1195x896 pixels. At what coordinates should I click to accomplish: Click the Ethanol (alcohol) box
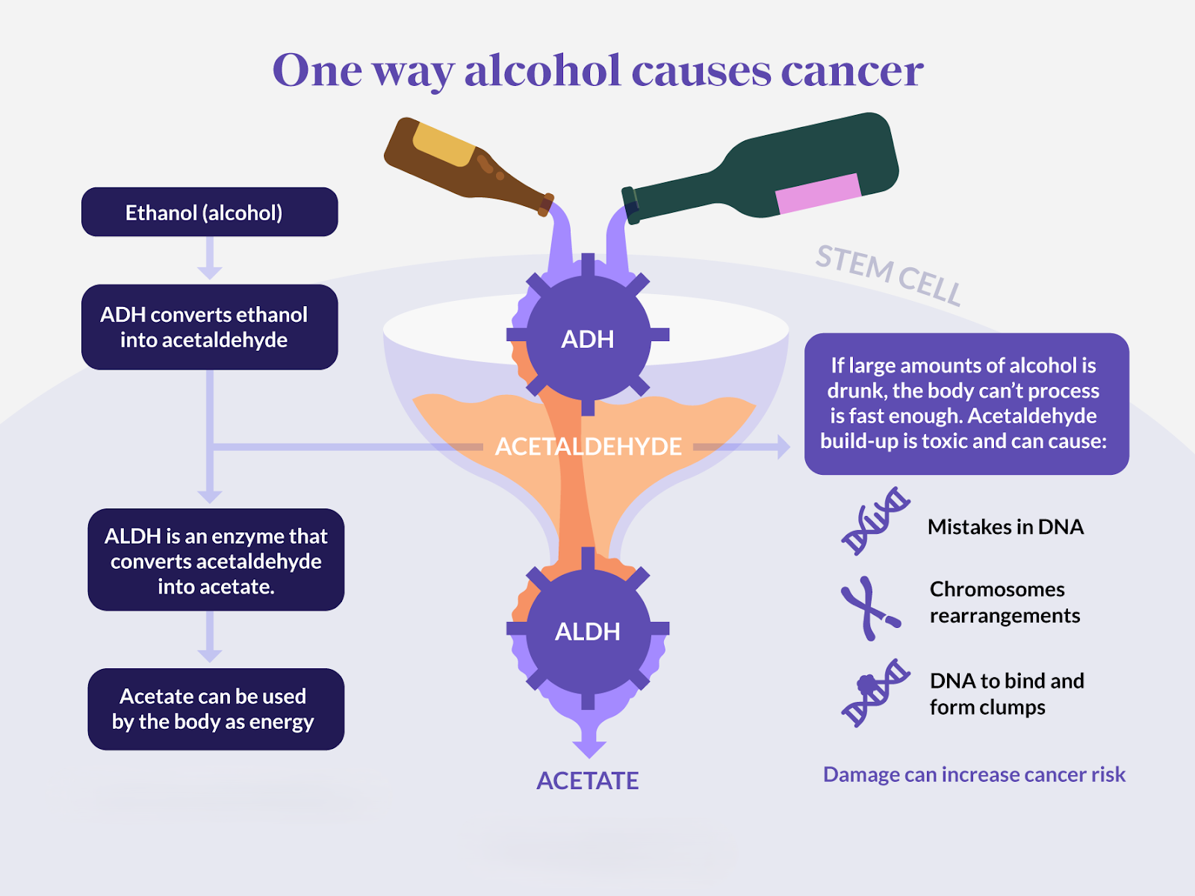pos(209,212)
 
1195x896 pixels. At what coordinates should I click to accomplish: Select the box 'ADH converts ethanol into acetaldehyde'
pos(209,327)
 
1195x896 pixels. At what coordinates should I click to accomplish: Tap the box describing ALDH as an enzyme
pos(216,560)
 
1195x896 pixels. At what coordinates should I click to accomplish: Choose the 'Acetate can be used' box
pos(216,709)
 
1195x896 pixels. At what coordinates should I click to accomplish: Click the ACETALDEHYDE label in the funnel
pos(588,447)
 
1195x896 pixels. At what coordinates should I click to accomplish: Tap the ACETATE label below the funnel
pos(588,781)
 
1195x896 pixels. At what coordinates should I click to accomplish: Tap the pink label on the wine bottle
pos(819,193)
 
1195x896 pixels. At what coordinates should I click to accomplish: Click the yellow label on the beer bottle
pos(444,145)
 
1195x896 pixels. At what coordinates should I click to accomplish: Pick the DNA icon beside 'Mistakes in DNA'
pos(875,521)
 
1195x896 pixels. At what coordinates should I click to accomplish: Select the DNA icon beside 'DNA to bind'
pos(875,693)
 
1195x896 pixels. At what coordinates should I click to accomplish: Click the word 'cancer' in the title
pos(852,72)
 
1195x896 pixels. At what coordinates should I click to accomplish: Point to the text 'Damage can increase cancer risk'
pos(974,775)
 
